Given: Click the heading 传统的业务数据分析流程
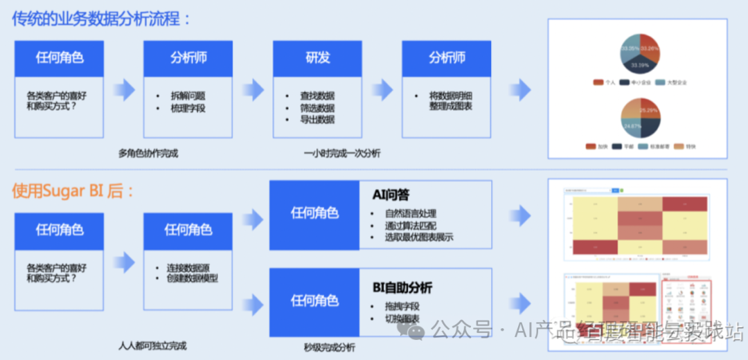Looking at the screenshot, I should (101, 19).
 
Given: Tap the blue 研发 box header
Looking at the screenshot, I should (317, 58).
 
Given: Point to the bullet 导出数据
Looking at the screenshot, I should (317, 120).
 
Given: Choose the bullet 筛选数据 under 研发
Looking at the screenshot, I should (317, 108).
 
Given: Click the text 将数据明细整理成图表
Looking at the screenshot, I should (450, 101).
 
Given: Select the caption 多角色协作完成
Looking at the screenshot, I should (148, 153).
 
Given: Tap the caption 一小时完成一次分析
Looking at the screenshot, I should (341, 153).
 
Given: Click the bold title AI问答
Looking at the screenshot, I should (391, 195).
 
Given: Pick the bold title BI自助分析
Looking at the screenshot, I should (402, 287).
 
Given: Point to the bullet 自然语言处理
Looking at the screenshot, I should (411, 213).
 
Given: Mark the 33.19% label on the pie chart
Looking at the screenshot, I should (640, 64).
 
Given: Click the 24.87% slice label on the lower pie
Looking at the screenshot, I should (631, 126).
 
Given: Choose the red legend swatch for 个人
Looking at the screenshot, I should (598, 82).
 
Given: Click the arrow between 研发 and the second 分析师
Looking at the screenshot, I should (382, 89).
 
